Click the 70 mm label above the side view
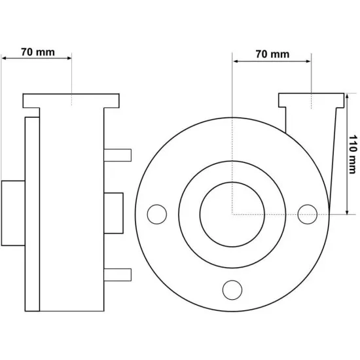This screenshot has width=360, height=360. (x=38, y=52)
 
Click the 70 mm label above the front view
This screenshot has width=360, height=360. (x=272, y=54)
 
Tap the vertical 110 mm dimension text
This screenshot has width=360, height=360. (x=353, y=154)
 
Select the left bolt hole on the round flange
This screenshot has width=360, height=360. (x=157, y=214)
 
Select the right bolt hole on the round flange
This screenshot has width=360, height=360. (x=308, y=214)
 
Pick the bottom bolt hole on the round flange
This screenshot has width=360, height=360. (x=232, y=290)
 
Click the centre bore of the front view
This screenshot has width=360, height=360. (x=232, y=215)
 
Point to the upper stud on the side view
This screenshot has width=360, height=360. (x=118, y=155)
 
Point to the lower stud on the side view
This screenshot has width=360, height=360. (x=118, y=275)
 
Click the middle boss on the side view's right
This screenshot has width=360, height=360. (x=113, y=213)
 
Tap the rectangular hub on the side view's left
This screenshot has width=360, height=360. (x=13, y=213)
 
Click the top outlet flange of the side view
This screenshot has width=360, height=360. (x=71, y=101)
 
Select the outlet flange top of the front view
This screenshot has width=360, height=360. (x=312, y=100)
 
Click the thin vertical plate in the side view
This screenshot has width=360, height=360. (x=32, y=214)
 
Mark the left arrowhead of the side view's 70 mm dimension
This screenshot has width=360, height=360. (x=4, y=58)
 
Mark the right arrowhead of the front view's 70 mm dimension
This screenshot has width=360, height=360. (x=308, y=62)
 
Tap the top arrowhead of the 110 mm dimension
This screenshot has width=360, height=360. (x=347, y=96)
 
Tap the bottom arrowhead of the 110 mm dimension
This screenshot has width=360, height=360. (x=347, y=212)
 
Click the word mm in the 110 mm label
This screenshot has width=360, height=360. (x=353, y=164)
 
